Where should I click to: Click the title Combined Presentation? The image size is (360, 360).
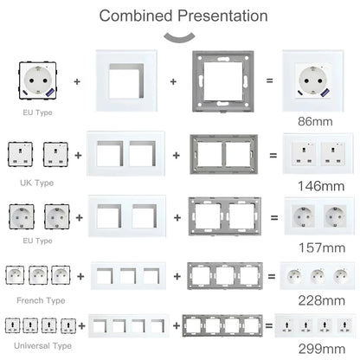pyautogui.click(x=183, y=16)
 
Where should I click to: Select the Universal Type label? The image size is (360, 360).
pyautogui.click(x=37, y=344)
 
